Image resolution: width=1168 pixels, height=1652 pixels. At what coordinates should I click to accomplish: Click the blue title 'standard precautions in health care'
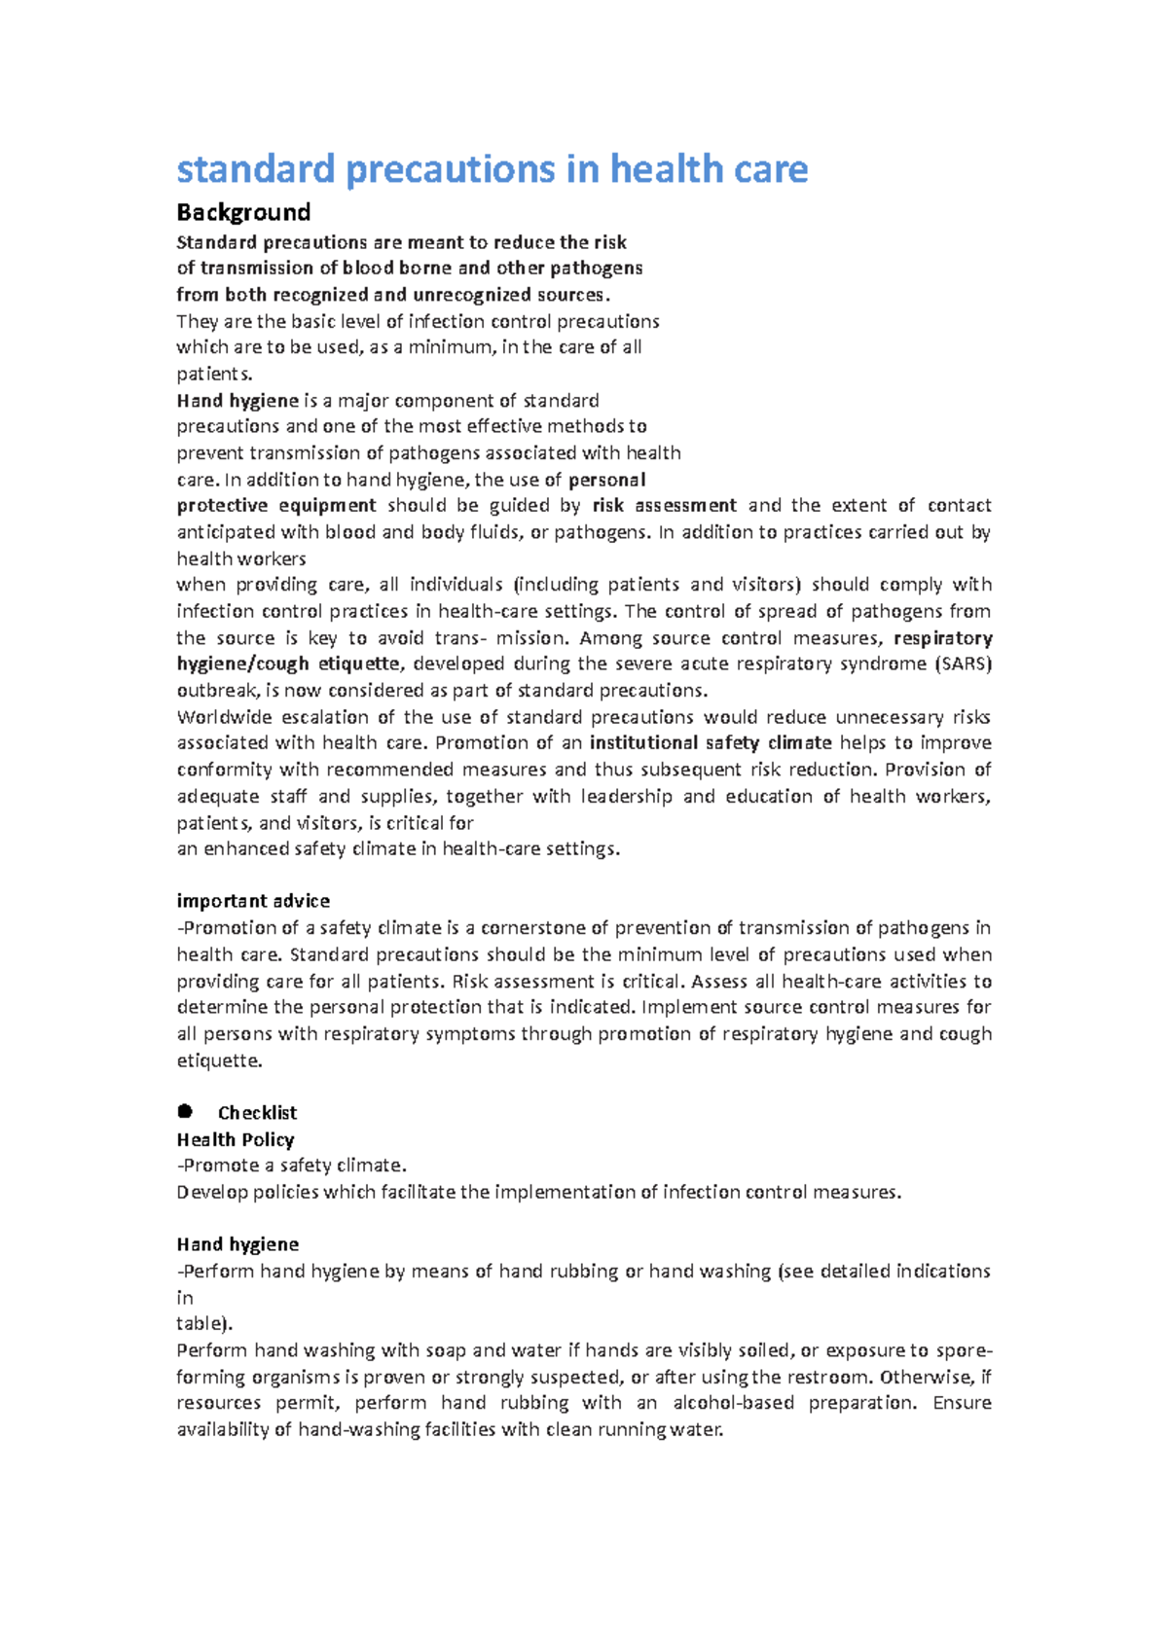point(492,169)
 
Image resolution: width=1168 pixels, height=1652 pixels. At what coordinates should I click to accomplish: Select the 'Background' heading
point(243,212)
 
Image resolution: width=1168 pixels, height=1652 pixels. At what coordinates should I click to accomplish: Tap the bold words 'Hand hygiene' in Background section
point(237,401)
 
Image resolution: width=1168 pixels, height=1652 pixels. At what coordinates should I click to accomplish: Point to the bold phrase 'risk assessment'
point(664,506)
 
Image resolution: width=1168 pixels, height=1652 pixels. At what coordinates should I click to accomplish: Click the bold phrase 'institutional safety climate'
point(711,743)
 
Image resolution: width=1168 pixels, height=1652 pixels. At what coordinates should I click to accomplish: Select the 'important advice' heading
point(253,901)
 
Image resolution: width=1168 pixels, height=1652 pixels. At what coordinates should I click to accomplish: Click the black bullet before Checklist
point(185,1111)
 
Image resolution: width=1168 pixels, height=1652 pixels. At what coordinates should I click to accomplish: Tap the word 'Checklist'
point(257,1113)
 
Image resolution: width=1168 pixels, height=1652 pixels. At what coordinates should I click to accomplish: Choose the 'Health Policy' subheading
point(236,1139)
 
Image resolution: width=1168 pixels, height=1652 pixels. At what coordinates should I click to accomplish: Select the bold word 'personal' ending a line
point(606,480)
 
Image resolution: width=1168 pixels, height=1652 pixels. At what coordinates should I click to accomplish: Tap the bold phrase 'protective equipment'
point(276,506)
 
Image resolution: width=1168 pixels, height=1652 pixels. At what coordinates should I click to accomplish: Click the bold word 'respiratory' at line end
point(942,638)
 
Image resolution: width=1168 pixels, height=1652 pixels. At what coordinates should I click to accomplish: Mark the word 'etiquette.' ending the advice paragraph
point(219,1060)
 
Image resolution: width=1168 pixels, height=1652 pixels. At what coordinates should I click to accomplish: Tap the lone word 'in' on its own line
point(185,1298)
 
